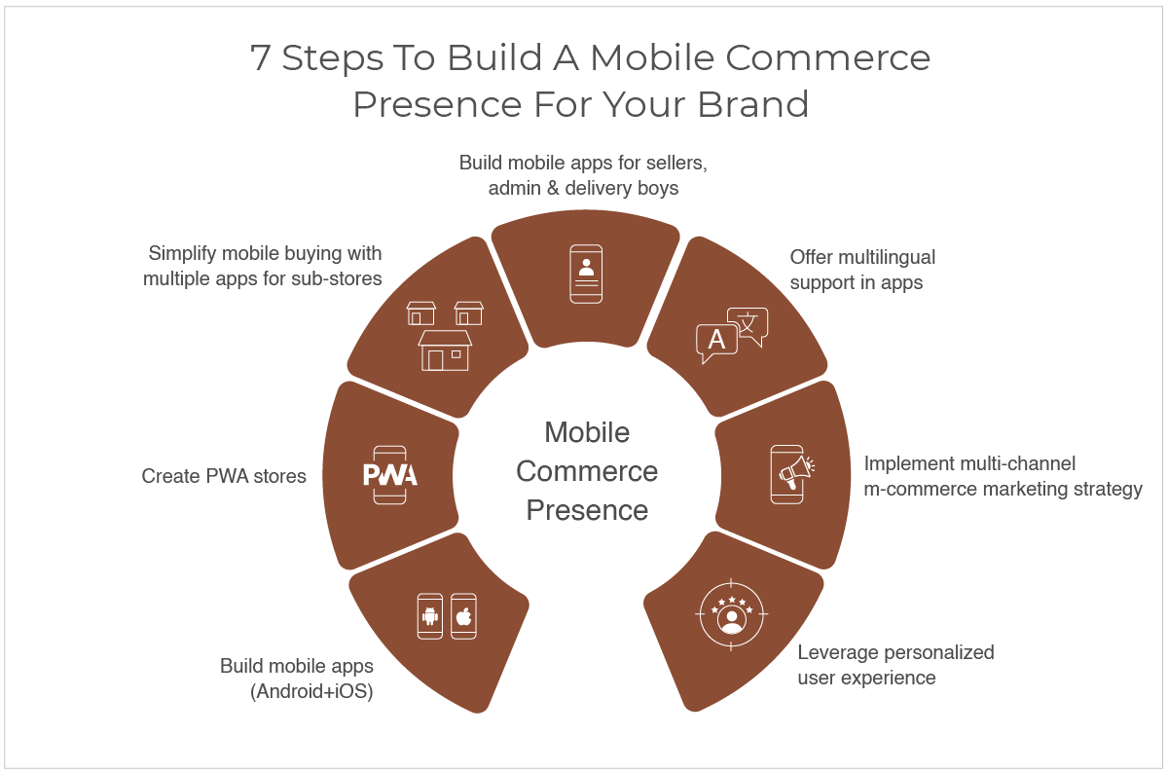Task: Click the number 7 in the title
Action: point(260,57)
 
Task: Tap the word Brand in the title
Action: point(753,104)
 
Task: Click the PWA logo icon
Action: point(390,475)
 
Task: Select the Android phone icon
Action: point(430,616)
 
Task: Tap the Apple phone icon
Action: point(463,616)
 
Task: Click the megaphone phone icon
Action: point(792,474)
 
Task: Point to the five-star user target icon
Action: point(731,614)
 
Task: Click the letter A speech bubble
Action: point(717,342)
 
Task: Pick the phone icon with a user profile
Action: point(586,274)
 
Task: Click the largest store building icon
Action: point(445,350)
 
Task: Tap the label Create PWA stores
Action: point(224,476)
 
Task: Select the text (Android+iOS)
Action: point(311,691)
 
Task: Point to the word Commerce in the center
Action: point(587,471)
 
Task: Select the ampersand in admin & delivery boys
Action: point(553,188)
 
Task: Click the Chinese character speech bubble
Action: point(748,326)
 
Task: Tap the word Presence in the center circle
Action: point(587,510)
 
